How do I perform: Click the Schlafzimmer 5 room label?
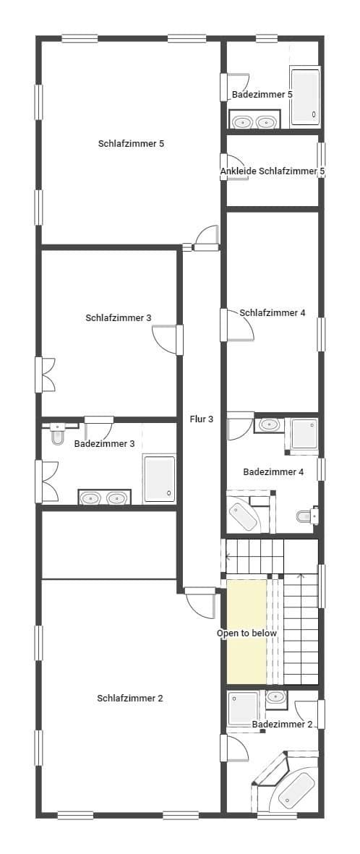[131, 143]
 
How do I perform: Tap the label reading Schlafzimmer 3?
[118, 317]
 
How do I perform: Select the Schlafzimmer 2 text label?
[130, 698]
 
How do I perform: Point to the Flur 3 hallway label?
[201, 419]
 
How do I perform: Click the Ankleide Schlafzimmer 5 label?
[273, 171]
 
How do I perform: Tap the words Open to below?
[247, 633]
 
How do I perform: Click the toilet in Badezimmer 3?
[58, 436]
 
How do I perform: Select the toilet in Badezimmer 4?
[307, 516]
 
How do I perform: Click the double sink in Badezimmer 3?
[104, 498]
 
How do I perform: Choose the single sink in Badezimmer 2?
[276, 697]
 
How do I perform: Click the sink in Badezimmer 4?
[269, 424]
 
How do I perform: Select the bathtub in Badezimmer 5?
[304, 96]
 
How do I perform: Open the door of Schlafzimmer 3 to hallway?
[166, 339]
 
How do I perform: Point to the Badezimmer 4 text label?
[273, 471]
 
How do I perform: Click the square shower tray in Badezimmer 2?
[243, 709]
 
